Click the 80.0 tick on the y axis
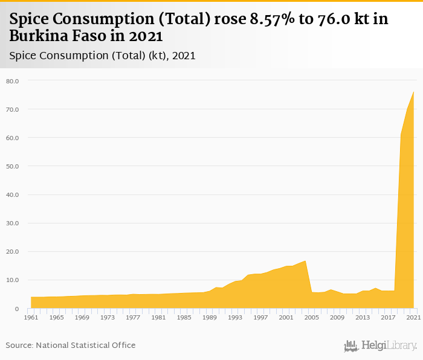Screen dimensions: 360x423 click(13, 81)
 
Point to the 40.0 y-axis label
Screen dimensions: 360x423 click(13, 194)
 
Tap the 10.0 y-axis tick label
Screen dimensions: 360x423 click(13, 280)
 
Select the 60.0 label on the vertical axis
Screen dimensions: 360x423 click(13, 138)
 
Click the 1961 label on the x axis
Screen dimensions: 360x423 click(31, 317)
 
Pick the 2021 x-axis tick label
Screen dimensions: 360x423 click(413, 317)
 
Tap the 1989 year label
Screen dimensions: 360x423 click(210, 317)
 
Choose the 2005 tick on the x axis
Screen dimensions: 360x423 click(312, 317)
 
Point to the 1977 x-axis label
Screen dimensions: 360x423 click(133, 317)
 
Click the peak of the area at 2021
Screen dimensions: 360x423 click(413, 92)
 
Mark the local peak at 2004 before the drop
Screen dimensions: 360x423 click(305, 261)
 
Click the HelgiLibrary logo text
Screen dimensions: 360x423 click(389, 346)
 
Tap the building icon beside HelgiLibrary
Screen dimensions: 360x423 click(351, 346)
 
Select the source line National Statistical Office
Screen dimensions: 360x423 click(71, 346)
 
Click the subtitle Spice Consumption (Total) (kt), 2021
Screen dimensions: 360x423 click(102, 55)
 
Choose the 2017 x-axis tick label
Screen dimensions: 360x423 click(388, 317)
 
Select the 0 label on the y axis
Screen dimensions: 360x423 click(18, 309)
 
